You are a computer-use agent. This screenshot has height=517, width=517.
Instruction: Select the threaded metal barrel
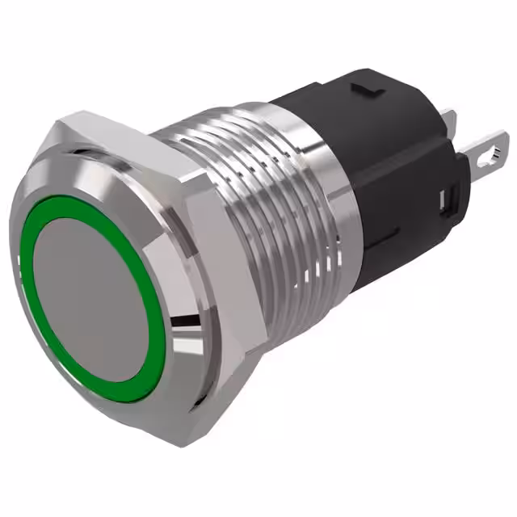(267, 202)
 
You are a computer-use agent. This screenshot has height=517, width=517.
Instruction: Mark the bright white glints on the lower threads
(307, 279)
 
